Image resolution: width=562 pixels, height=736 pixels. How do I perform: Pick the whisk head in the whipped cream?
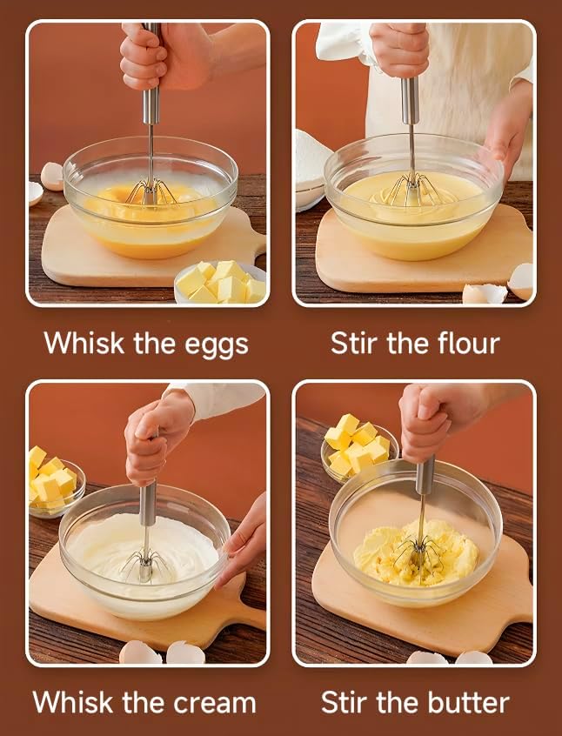pyautogui.click(x=144, y=566)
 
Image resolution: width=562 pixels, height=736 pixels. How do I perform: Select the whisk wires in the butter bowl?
pyautogui.click(x=419, y=553)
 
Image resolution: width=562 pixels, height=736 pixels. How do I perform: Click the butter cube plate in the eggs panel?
pyautogui.click(x=220, y=284)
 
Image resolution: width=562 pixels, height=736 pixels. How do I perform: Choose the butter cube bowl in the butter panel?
pyautogui.click(x=358, y=445)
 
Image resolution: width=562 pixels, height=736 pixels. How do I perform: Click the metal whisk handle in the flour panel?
pyautogui.click(x=410, y=99)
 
